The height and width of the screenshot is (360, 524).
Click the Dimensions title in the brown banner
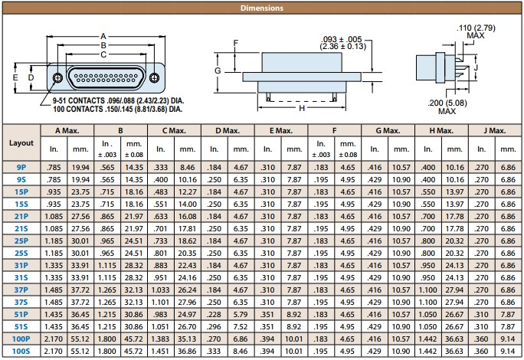(262, 8)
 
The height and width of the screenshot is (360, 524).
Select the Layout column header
(21, 142)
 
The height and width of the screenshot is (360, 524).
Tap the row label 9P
(21, 168)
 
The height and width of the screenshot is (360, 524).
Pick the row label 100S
(21, 352)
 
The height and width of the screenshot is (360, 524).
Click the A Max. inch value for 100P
(54, 339)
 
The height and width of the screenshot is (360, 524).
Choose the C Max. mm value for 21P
(188, 217)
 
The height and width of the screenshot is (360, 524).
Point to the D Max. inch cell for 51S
(214, 326)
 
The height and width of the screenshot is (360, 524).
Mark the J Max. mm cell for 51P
(508, 315)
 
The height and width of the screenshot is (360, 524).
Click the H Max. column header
(441, 131)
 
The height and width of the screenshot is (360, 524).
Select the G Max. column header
(388, 131)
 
